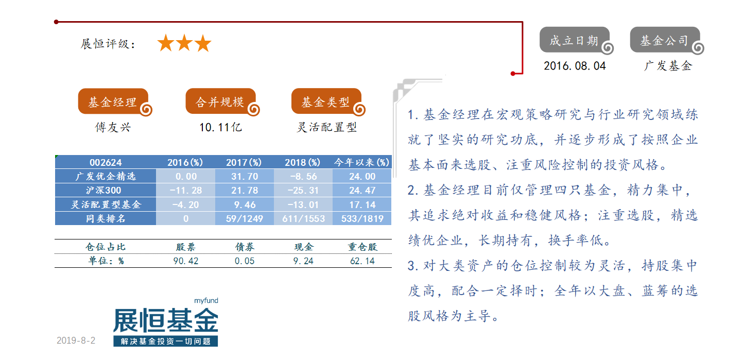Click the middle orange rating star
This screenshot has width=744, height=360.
(184, 43)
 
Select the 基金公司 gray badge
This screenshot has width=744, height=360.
(666, 40)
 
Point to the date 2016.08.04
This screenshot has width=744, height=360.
(575, 66)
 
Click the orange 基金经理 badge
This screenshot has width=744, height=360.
(114, 101)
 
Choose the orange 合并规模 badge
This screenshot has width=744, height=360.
(221, 101)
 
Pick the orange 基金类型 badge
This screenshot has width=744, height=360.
(327, 101)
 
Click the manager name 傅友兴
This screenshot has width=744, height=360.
(113, 127)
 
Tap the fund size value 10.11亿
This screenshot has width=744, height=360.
(220, 127)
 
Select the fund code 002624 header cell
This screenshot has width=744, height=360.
(106, 162)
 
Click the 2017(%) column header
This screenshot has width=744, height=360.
(244, 162)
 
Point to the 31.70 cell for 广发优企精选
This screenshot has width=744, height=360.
(245, 176)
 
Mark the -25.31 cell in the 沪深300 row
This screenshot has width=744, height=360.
(303, 190)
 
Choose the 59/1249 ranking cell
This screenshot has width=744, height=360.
(245, 218)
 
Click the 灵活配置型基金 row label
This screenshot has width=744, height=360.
(106, 204)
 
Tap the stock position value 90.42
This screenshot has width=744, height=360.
(186, 261)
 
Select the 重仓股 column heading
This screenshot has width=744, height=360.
(362, 247)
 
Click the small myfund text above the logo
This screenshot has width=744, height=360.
(206, 301)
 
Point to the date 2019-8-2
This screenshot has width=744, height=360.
(76, 340)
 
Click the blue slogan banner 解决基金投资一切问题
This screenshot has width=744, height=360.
(165, 341)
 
